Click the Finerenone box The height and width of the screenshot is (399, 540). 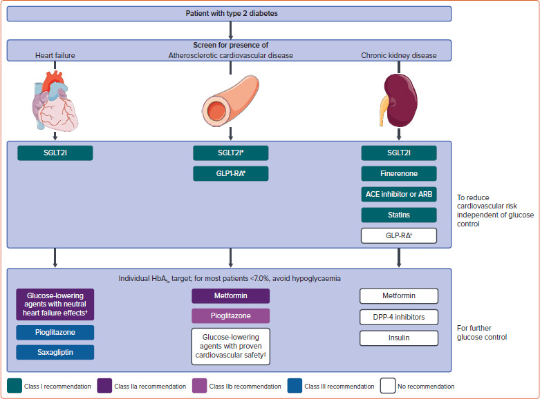click(399, 174)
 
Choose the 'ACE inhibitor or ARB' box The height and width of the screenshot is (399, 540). click(399, 194)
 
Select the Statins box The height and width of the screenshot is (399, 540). click(399, 215)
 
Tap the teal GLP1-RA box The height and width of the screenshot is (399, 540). click(230, 174)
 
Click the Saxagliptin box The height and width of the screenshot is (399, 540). click(55, 352)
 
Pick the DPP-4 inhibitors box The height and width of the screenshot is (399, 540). click(399, 317)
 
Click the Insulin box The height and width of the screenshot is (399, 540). click(399, 338)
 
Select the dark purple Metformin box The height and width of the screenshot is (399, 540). click(230, 296)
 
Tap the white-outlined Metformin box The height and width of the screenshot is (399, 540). click(399, 296)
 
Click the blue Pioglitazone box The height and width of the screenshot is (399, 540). click(55, 333)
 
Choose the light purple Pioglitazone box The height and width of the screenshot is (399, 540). click(230, 316)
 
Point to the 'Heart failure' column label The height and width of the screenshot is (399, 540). click(55, 55)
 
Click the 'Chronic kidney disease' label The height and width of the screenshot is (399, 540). click(398, 55)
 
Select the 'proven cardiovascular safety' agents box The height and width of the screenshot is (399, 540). click(230, 345)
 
